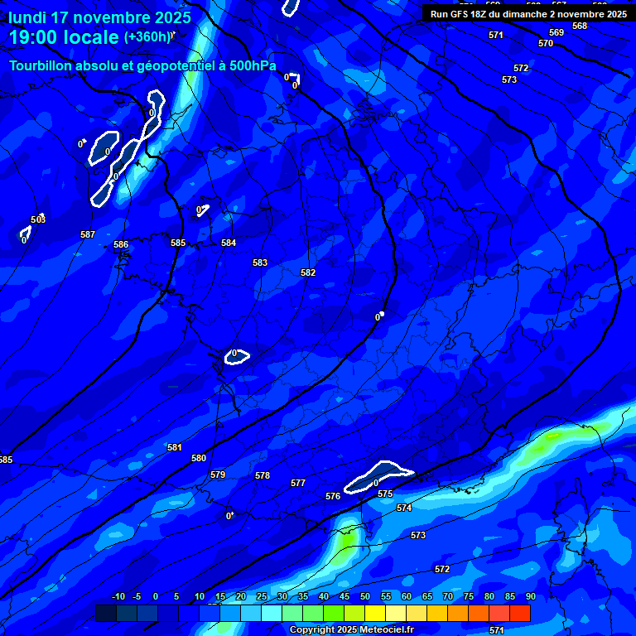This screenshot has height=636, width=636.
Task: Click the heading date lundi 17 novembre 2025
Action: coord(99,17)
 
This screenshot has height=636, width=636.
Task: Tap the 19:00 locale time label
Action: coord(64,37)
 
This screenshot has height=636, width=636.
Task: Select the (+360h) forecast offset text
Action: coord(147,36)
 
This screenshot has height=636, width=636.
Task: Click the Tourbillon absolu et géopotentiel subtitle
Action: coord(142,66)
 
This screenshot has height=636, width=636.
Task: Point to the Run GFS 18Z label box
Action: coord(528,13)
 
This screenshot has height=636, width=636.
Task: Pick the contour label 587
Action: coord(88,234)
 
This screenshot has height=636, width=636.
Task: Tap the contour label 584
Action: coord(229,243)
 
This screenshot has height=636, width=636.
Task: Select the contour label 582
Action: coord(308,272)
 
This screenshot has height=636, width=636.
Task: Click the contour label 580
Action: coord(199,458)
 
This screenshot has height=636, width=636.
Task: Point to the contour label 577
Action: coord(298,483)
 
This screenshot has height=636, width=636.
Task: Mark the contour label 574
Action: coord(404,508)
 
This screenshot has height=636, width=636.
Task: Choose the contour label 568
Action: coord(580,26)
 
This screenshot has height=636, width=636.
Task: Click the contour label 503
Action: coord(38,219)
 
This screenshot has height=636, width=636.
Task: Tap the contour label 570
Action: coord(546,43)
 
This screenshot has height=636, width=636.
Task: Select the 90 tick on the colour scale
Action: coord(530,597)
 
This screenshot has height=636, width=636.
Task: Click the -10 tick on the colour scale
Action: coord(118,597)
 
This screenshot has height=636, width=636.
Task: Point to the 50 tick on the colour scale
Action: coord(365,597)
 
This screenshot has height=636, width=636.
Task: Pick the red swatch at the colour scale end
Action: coord(520,613)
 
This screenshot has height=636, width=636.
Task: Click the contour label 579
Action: coord(218,475)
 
